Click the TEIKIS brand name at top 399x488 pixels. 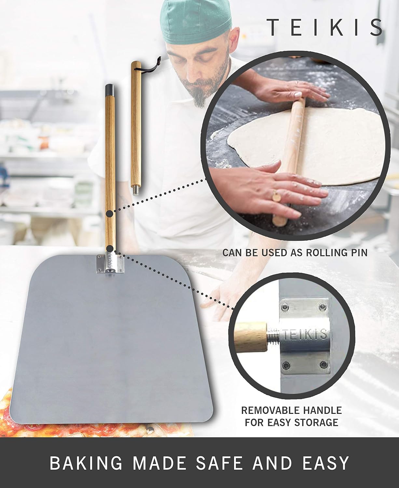tap(324, 27)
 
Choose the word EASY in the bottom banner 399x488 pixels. tap(326, 463)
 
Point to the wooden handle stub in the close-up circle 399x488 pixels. tap(251, 338)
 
